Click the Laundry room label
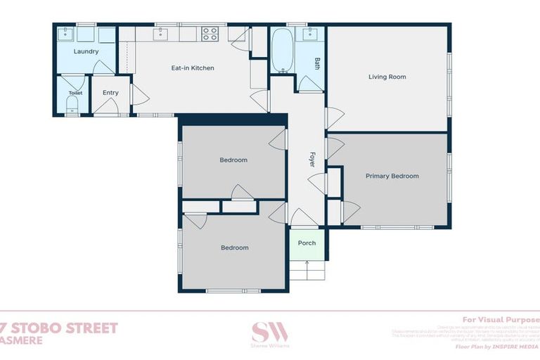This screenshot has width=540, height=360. (86, 51)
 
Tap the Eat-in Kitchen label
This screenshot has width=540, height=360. (193, 68)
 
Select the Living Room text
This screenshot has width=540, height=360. (387, 77)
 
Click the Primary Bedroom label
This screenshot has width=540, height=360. (392, 176)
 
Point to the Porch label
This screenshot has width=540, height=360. (307, 243)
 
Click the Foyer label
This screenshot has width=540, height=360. (312, 160)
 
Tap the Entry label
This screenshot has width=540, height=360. (110, 92)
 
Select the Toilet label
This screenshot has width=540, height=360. (75, 93)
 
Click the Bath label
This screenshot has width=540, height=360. (317, 63)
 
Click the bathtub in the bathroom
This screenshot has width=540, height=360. (282, 50)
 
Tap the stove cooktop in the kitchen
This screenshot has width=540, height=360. (210, 33)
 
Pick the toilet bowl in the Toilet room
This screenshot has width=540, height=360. (72, 106)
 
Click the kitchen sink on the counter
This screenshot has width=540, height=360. (161, 33)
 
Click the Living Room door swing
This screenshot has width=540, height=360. (334, 117)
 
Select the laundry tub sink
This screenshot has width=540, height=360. (67, 34)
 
